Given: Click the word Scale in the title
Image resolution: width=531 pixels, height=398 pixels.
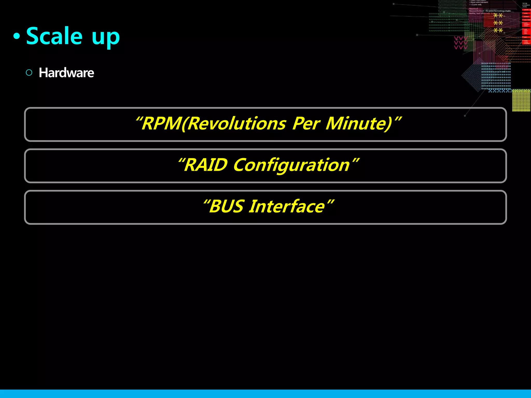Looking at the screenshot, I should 54,36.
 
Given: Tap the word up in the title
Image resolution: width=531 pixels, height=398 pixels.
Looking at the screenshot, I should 106,38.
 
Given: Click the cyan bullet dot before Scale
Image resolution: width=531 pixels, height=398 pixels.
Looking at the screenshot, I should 17,37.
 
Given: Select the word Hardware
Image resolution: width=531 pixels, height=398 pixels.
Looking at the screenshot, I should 66,73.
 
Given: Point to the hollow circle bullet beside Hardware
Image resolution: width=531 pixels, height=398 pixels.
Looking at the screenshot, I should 29,73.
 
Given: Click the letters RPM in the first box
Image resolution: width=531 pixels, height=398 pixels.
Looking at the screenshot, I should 161,124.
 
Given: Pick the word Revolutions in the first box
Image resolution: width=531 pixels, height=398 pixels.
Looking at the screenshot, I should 236,124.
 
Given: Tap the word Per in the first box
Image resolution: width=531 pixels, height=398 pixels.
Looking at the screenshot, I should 306,124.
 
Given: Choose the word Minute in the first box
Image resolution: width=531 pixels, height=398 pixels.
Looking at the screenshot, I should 358,124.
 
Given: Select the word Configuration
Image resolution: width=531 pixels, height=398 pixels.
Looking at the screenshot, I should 291,166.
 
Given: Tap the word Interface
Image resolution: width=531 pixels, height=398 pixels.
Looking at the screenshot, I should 287,207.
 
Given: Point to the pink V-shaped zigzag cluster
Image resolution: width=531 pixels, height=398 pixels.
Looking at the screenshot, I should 460,43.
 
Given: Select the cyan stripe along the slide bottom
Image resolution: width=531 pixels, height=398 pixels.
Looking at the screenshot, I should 265,394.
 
